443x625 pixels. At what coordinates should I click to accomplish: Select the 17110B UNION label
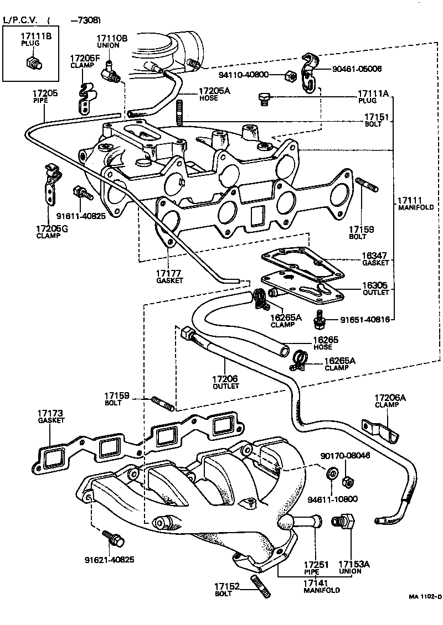(x=112, y=41)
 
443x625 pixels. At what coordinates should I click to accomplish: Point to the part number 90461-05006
(x=357, y=69)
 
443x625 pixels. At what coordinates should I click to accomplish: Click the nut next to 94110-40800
(x=289, y=75)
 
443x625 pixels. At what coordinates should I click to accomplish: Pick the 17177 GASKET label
(x=169, y=277)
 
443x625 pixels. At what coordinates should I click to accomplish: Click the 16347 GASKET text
(x=374, y=259)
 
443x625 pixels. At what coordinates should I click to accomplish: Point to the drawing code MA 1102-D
(x=424, y=597)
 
